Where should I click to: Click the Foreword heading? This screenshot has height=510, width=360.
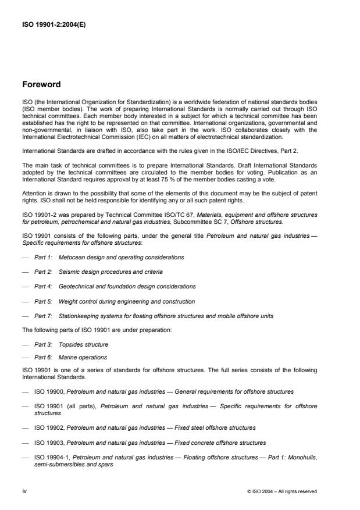[x=42, y=84]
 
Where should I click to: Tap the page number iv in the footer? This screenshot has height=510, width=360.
[x=25, y=491]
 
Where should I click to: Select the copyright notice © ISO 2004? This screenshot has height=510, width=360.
[x=282, y=491]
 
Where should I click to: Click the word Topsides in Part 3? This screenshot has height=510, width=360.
[x=70, y=344]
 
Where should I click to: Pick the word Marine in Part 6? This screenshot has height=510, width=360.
[x=67, y=356]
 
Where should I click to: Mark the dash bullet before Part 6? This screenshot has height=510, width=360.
[x=25, y=356]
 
